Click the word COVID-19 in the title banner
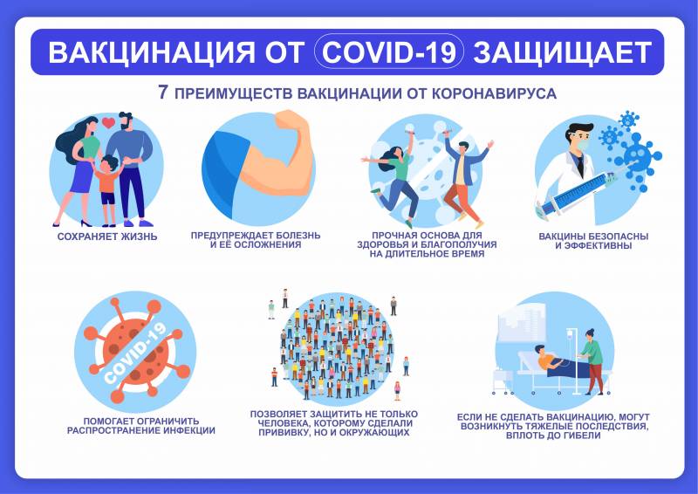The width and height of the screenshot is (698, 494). click(389, 52)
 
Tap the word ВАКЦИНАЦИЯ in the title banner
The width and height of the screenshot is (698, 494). click(152, 52)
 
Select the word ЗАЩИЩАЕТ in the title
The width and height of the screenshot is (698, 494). click(562, 52)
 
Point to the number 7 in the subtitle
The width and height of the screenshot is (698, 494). click(163, 93)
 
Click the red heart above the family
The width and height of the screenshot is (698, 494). click(108, 122)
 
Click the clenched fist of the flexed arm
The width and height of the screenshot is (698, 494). click(291, 121)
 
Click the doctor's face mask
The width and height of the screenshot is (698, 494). click(584, 147)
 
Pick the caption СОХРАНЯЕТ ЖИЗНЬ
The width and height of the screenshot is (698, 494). click(107, 237)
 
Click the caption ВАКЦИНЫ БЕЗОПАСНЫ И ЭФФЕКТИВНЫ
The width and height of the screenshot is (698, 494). click(593, 241)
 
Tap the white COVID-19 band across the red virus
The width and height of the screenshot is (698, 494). click(135, 353)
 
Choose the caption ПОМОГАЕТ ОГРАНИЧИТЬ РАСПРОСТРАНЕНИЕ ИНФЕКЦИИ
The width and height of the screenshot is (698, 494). click(141, 425)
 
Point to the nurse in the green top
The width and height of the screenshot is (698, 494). click(592, 361)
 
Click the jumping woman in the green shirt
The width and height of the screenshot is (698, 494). click(394, 178)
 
